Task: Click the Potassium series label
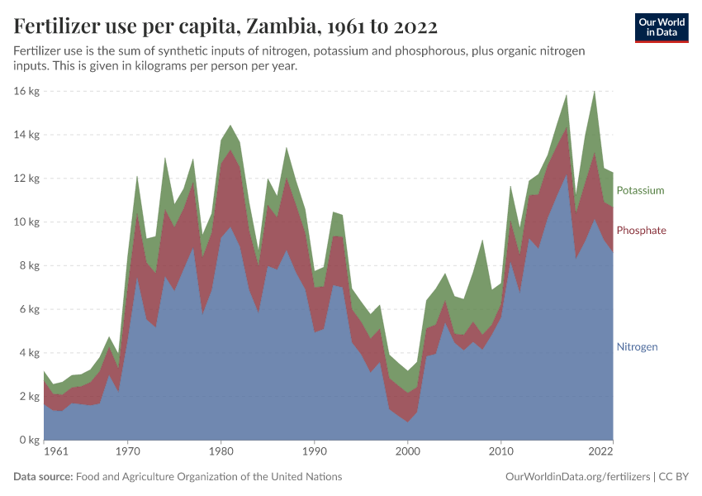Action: [x=640, y=190]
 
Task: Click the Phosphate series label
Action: [x=641, y=230]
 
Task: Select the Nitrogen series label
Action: [x=637, y=346]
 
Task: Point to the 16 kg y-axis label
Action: [x=27, y=91]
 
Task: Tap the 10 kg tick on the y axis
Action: [x=27, y=222]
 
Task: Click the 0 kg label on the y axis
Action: [x=30, y=440]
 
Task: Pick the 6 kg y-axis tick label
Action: [x=30, y=309]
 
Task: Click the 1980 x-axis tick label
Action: [x=220, y=452]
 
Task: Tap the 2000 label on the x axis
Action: [x=407, y=452]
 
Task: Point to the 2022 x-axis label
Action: [x=600, y=452]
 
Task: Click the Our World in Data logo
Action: [x=662, y=27]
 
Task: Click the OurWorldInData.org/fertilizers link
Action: [x=575, y=477]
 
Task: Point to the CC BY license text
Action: [x=674, y=477]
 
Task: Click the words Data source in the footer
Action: [x=42, y=477]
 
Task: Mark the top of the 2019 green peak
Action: [x=594, y=90]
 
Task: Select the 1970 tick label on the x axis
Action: [x=126, y=452]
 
